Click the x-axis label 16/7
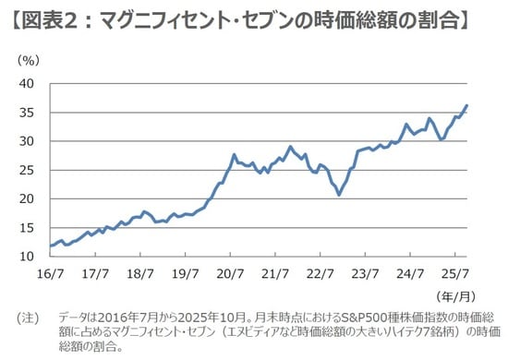pyautogui.click(x=50, y=274)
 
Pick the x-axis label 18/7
pyautogui.click(x=139, y=274)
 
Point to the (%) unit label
pyautogui.click(x=28, y=60)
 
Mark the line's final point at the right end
pyautogui.click(x=466, y=105)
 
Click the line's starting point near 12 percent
pyautogui.click(x=50, y=246)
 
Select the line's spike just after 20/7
pyautogui.click(x=235, y=155)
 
